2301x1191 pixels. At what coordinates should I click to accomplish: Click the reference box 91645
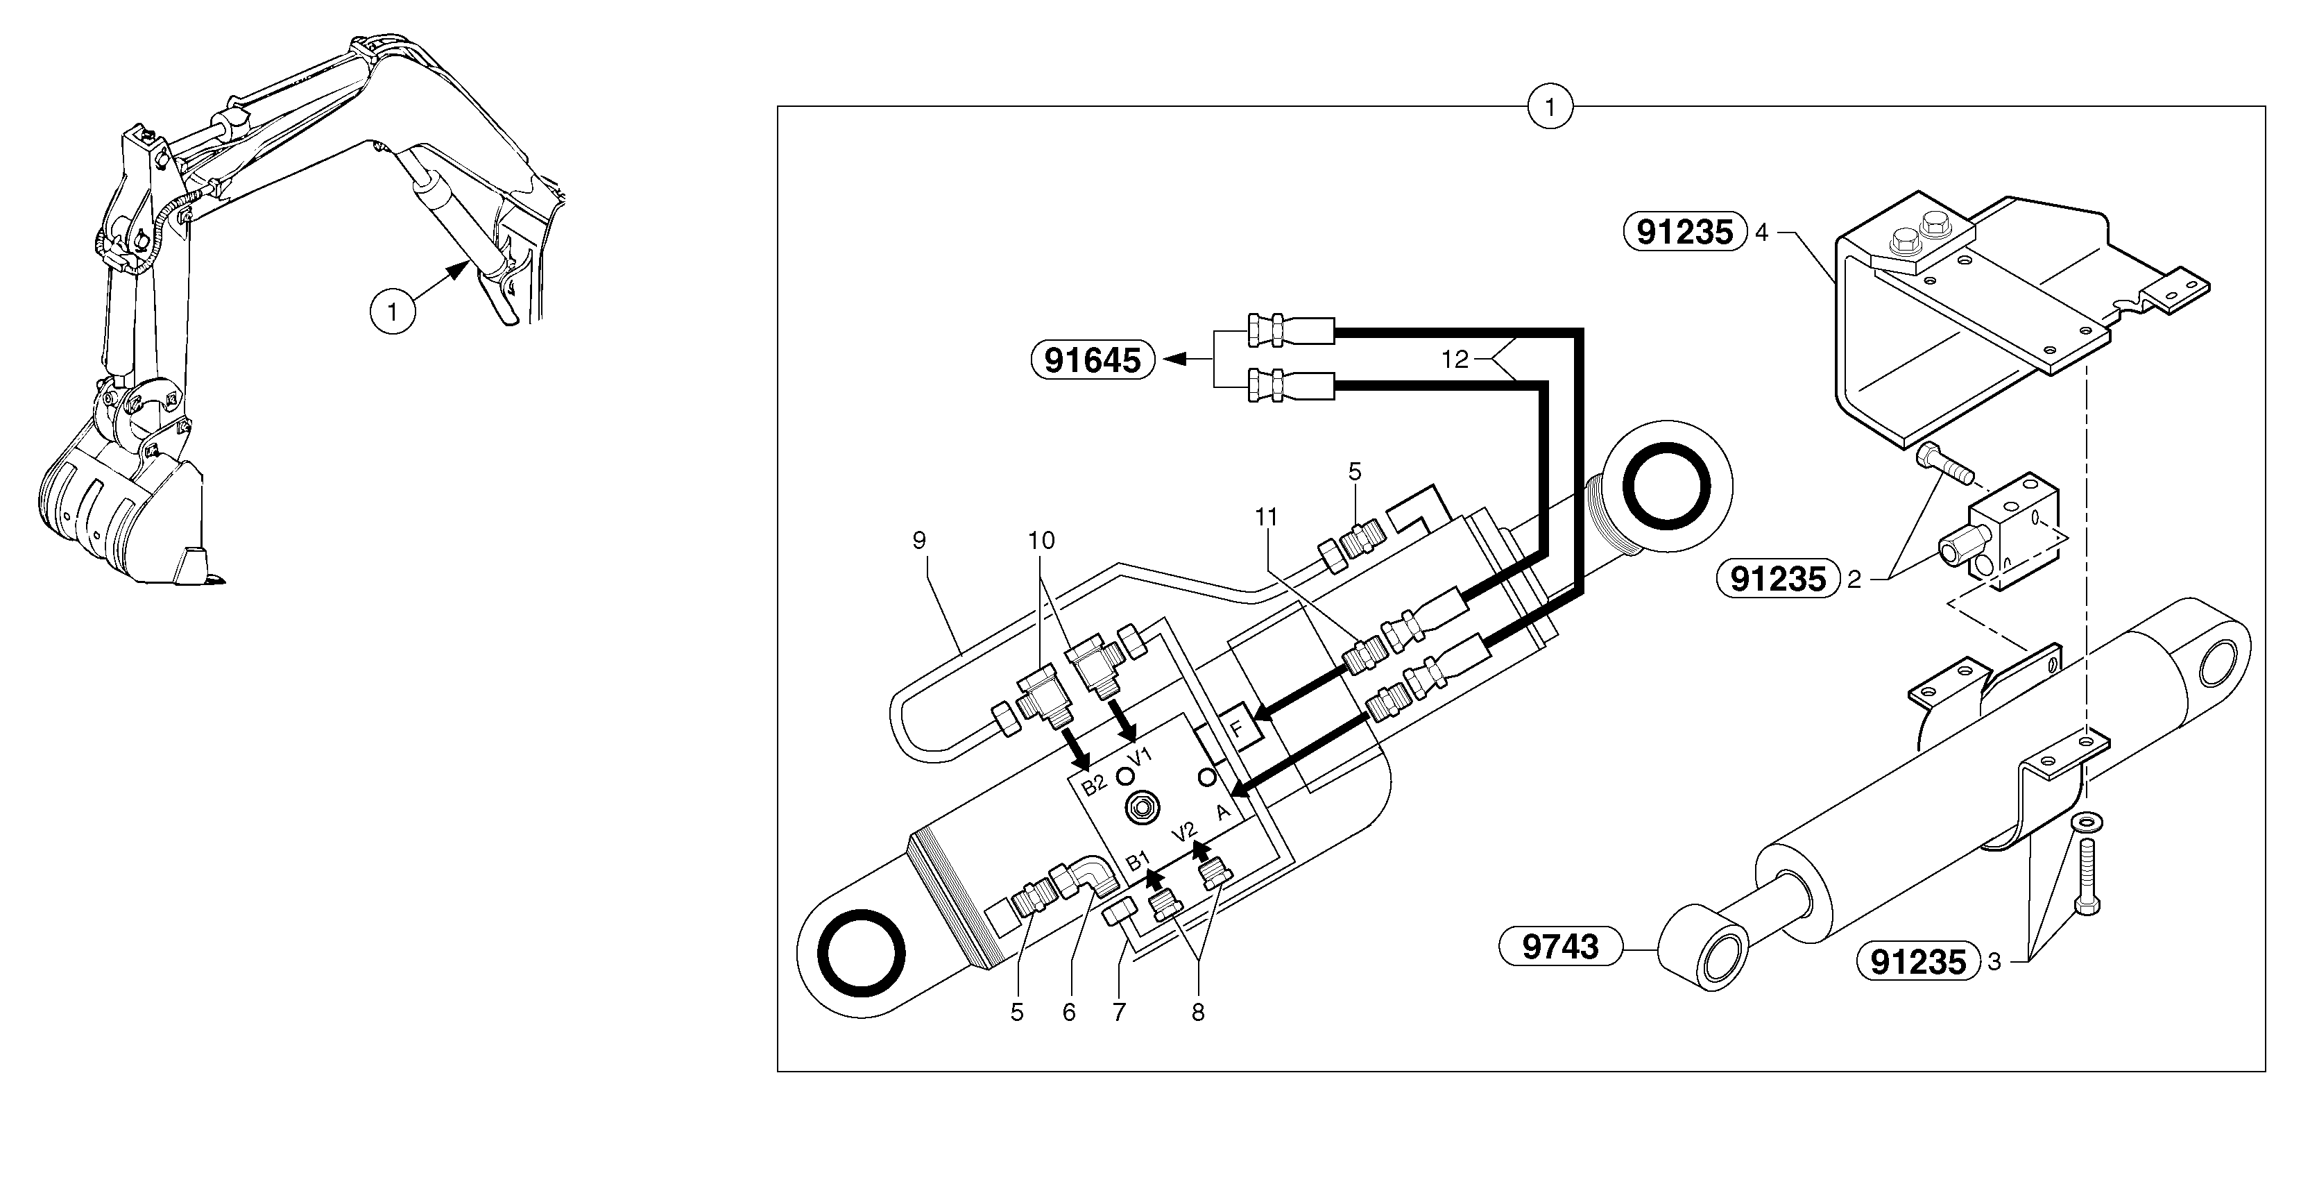click(1093, 360)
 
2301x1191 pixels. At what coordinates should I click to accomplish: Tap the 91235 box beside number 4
click(1684, 233)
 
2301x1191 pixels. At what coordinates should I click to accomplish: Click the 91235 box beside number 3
click(1918, 961)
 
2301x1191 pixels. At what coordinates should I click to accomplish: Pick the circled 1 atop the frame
click(1550, 107)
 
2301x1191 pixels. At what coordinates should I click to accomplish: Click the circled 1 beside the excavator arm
click(392, 313)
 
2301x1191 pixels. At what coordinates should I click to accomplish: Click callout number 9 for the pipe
click(919, 540)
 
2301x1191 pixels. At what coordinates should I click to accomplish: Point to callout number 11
click(1266, 516)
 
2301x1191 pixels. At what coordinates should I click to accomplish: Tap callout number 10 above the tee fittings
click(1041, 540)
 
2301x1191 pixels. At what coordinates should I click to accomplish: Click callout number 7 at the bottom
click(1118, 1013)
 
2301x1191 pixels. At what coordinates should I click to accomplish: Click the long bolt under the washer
click(2087, 880)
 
